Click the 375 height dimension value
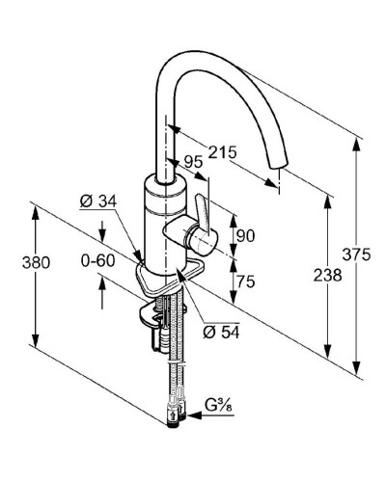356,254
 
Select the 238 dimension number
328,276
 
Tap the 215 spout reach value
222,152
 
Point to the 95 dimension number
194,162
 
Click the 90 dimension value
245,235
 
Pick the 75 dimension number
245,281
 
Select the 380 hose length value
36,262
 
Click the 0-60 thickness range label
97,260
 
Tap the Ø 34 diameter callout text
98,201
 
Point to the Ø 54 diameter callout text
221,333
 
